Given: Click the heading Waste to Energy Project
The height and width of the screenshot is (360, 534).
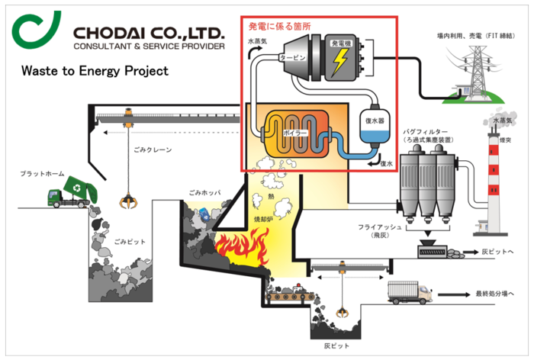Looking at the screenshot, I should point(95,72).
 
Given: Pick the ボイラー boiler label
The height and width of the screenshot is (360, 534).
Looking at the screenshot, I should point(294,131).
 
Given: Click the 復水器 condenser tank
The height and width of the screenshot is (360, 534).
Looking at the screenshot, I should point(375,127).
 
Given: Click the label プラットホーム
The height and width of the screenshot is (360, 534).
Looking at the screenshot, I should point(46,174).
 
